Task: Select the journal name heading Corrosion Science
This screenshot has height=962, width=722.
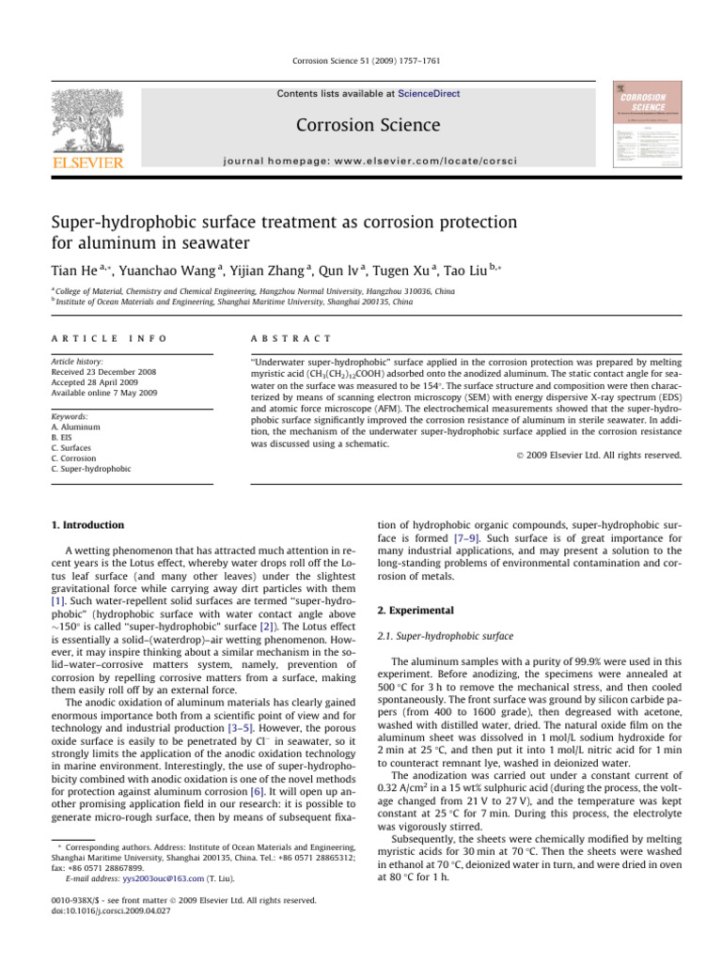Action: click(360, 124)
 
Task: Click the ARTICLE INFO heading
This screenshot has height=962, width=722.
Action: click(89, 336)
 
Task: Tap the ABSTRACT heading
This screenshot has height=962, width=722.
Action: click(285, 336)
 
